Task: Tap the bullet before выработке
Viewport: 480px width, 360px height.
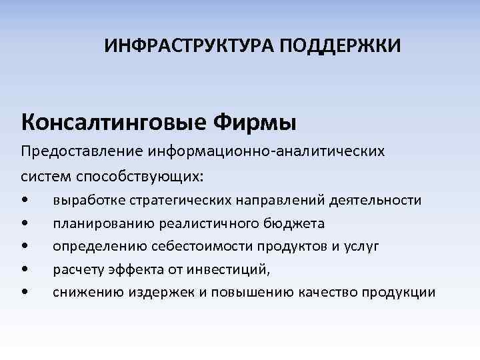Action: click(25, 201)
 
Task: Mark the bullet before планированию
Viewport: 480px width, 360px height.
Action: click(25, 223)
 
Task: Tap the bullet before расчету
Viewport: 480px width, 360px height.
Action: click(25, 269)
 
